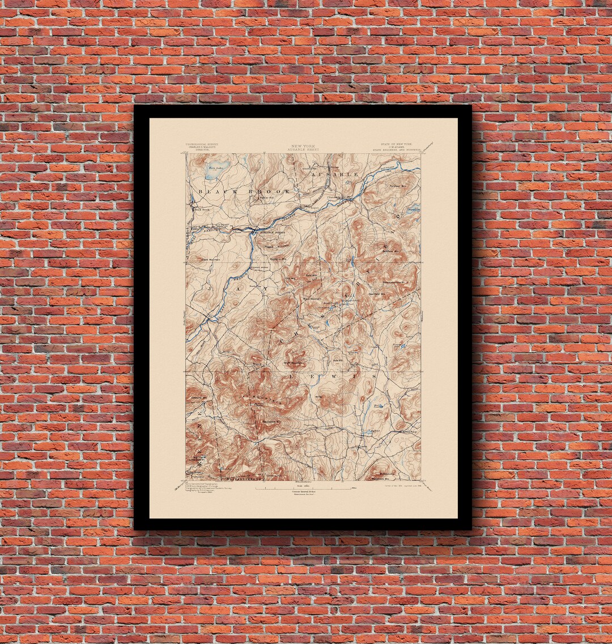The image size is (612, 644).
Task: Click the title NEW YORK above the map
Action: [304, 146]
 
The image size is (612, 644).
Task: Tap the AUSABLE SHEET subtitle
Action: [304, 150]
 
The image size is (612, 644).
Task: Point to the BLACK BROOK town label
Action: [244, 192]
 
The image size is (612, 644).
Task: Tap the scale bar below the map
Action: [303, 487]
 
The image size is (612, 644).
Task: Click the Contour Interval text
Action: [303, 492]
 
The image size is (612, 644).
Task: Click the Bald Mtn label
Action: [312, 276]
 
